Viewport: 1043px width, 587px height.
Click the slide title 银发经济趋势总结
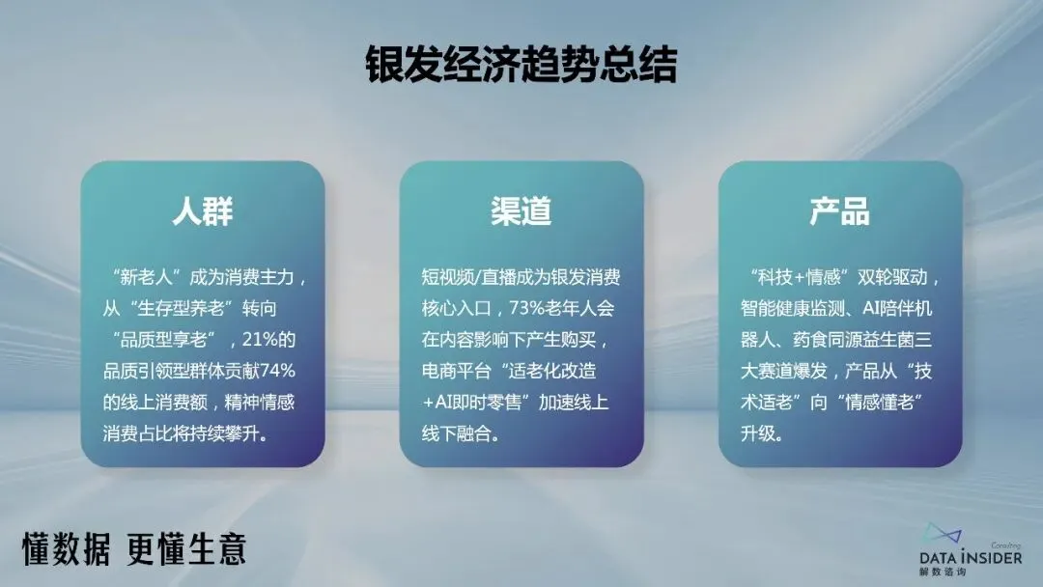521,65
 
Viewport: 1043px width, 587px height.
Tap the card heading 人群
203,211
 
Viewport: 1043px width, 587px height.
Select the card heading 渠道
521,211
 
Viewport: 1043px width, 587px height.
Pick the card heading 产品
839,211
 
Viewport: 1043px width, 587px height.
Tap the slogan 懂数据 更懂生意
134,547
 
